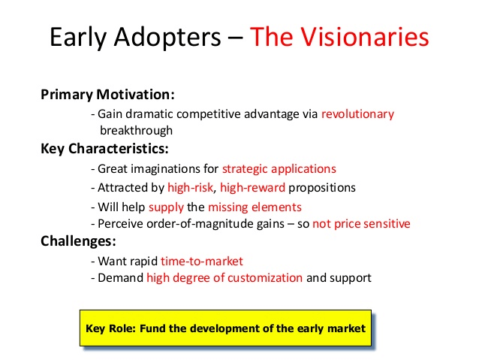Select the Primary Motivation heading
pyautogui.click(x=107, y=95)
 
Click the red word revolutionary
pyautogui.click(x=357, y=114)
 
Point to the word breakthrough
pyautogui.click(x=136, y=131)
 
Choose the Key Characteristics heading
pyautogui.click(x=104, y=149)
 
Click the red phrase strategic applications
pyautogui.click(x=279, y=169)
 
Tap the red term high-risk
pyautogui.click(x=190, y=188)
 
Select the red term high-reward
pyautogui.click(x=252, y=188)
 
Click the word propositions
pyautogui.click(x=322, y=188)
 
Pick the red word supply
pyautogui.click(x=166, y=207)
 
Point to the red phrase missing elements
pyautogui.click(x=255, y=207)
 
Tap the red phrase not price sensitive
pyautogui.click(x=361, y=224)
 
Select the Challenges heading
pyautogui.click(x=79, y=241)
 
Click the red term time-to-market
pyautogui.click(x=202, y=262)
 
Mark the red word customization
pyautogui.click(x=265, y=278)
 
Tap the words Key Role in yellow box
pyautogui.click(x=110, y=328)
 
